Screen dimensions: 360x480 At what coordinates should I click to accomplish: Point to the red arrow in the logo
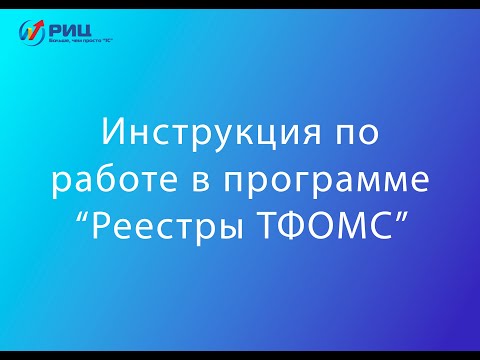(34, 28)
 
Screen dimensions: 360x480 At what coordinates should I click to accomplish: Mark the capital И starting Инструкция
(112, 133)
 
